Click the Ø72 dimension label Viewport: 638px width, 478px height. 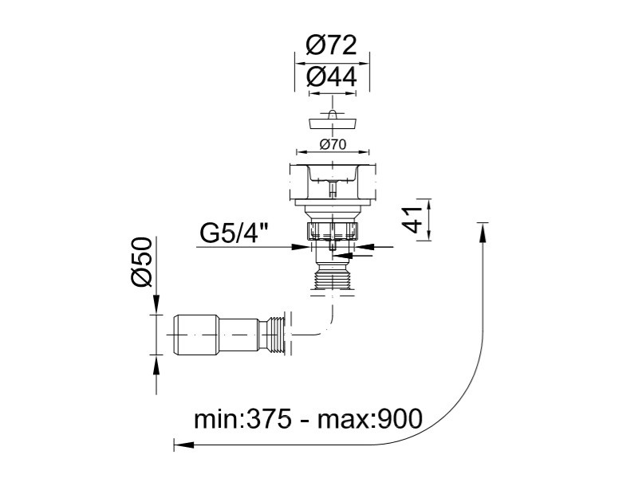[x=331, y=45]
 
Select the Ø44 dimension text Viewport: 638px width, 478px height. [x=331, y=76]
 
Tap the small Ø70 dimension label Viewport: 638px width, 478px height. [x=333, y=144]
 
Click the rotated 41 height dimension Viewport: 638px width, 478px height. [x=413, y=220]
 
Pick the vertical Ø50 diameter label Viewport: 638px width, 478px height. [x=142, y=262]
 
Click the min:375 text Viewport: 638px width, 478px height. [x=242, y=419]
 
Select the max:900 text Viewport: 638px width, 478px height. [x=370, y=419]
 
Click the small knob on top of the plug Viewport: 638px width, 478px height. [x=333, y=113]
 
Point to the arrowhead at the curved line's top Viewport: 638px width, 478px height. [x=482, y=233]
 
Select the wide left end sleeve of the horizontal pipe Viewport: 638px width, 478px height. [x=196, y=335]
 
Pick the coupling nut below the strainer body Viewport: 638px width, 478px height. [x=333, y=230]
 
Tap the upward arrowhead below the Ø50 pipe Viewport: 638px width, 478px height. [x=156, y=365]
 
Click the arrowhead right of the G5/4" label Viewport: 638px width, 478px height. [x=300, y=247]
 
